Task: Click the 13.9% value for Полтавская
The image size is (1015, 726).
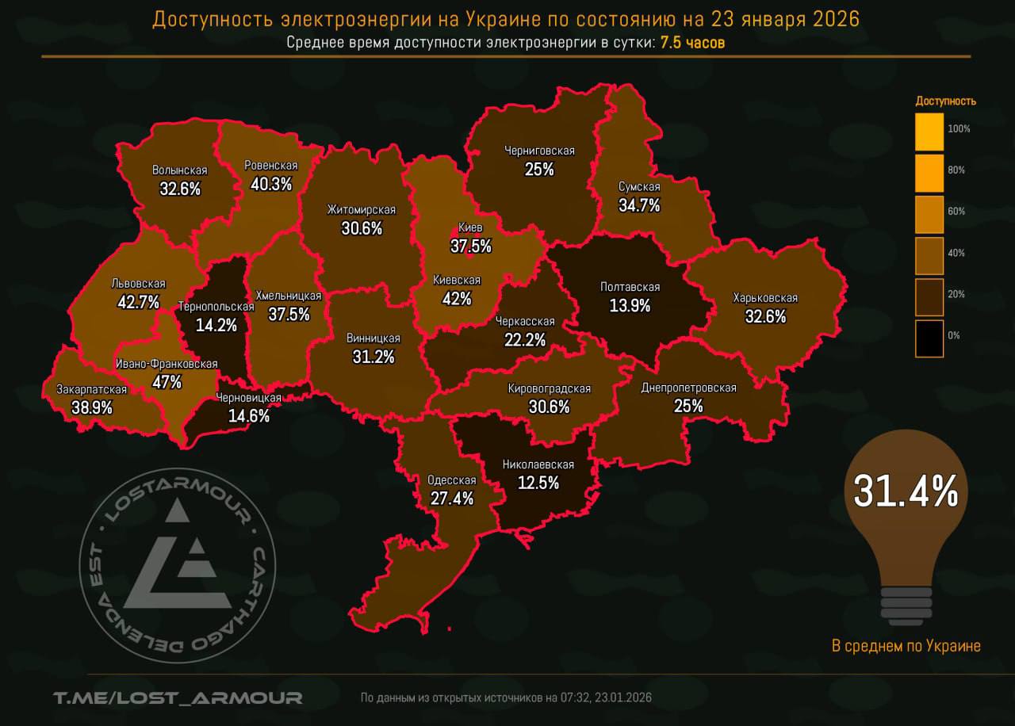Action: point(630,306)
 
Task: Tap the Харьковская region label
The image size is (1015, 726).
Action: point(765,298)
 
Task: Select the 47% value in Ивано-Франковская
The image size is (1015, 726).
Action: point(167,382)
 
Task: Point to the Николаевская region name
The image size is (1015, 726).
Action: point(538,465)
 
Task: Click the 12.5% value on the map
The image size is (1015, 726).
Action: point(538,483)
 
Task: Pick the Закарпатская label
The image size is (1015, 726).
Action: point(91,389)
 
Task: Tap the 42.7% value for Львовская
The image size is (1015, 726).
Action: point(138,302)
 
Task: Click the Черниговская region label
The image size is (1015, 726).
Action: point(539,151)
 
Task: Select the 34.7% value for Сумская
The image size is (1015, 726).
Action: point(639,205)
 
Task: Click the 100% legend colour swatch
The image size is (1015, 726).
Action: point(929,132)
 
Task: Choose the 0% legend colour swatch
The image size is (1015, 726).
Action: point(929,338)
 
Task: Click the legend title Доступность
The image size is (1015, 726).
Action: point(945,101)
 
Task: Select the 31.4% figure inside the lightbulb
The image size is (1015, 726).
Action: point(906,491)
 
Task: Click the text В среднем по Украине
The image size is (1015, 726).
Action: point(906,646)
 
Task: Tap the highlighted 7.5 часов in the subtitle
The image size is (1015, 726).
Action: point(692,42)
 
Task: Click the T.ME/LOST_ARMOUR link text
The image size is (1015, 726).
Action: point(178,697)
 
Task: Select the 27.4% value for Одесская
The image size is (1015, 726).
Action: point(450,499)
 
